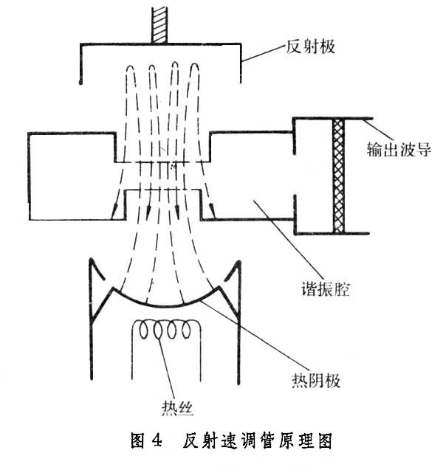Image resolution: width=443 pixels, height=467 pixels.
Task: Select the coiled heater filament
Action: click(x=168, y=332)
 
